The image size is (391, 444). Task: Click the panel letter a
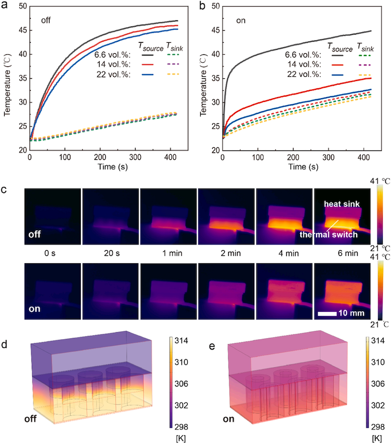tap(4, 6)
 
